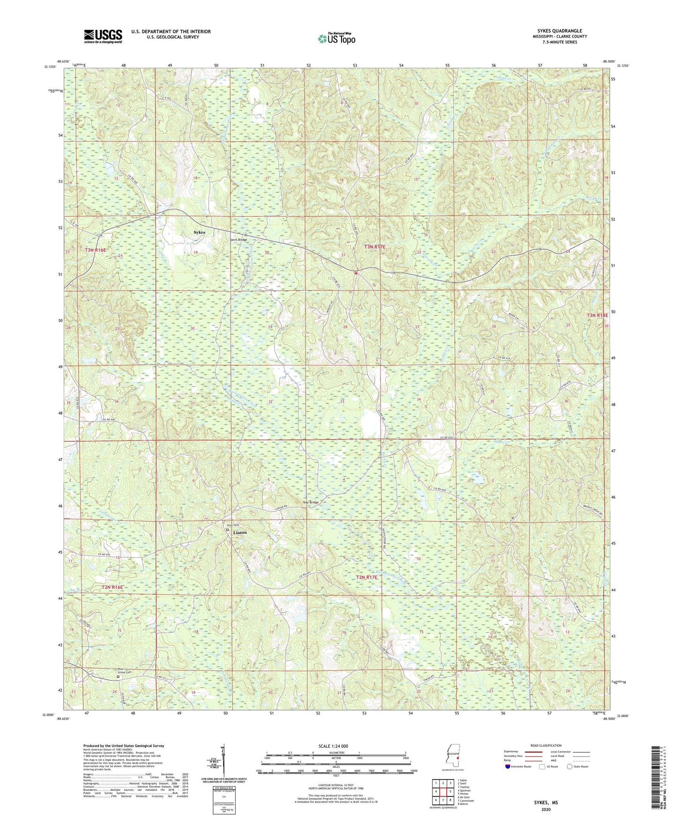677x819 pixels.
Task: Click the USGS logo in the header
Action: (103, 36)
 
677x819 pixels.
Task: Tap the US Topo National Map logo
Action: (336, 38)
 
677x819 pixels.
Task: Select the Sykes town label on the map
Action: (200, 232)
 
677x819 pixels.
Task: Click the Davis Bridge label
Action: (237, 240)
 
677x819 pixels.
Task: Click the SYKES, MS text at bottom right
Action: (546, 803)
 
